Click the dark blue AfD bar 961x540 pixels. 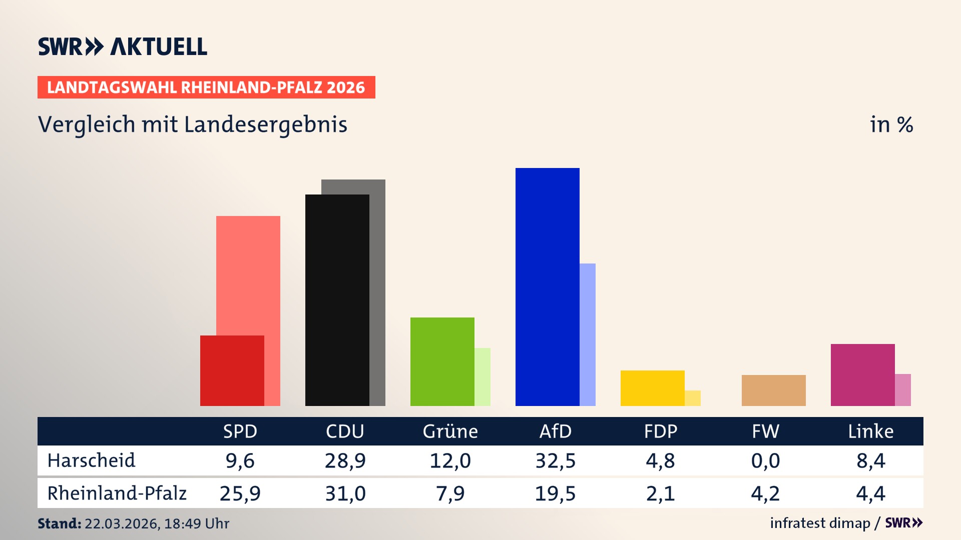pyautogui.click(x=547, y=286)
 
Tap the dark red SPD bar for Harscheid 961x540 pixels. pyautogui.click(x=232, y=370)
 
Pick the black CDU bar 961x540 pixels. pyautogui.click(x=337, y=300)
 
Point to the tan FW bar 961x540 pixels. pyautogui.click(x=773, y=390)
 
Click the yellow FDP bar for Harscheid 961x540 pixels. pyautogui.click(x=652, y=388)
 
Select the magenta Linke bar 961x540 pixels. pyautogui.click(x=862, y=374)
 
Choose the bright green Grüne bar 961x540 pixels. pyautogui.click(x=442, y=361)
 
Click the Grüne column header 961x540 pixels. pyautogui.click(x=450, y=431)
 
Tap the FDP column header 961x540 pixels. pyautogui.click(x=660, y=431)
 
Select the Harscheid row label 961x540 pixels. pyautogui.click(x=91, y=460)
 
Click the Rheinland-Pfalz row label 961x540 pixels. pyautogui.click(x=117, y=493)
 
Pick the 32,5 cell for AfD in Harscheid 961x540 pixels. pyautogui.click(x=555, y=460)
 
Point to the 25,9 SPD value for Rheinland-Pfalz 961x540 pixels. pyautogui.click(x=240, y=493)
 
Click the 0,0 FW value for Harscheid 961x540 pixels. pyautogui.click(x=765, y=460)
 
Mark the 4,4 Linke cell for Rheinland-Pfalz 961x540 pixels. pyautogui.click(x=870, y=493)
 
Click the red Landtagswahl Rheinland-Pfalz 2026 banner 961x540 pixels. pyautogui.click(x=206, y=87)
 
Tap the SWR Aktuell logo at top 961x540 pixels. pyautogui.click(x=123, y=46)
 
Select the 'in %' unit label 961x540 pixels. pyautogui.click(x=891, y=124)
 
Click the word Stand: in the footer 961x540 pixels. pyautogui.click(x=59, y=523)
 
